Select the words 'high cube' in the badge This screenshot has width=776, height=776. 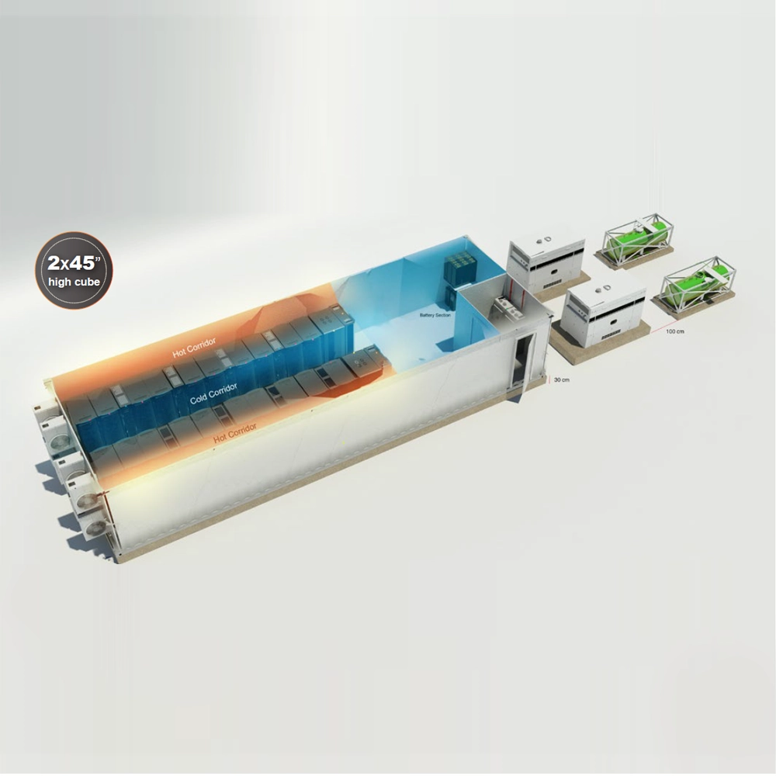(74, 282)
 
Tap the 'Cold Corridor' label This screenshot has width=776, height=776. (213, 393)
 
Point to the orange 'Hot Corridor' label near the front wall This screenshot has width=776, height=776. (235, 433)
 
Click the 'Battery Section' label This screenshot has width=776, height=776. (435, 315)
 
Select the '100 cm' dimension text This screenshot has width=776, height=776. (675, 331)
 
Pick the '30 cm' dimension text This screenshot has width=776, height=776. (561, 379)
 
